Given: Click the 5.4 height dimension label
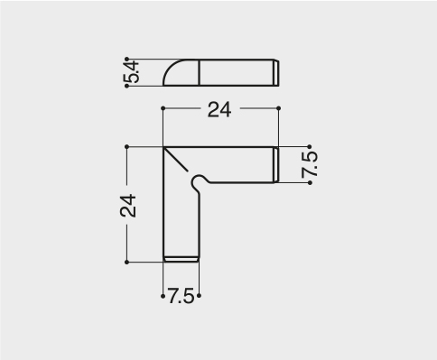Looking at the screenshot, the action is pyautogui.click(x=132, y=72).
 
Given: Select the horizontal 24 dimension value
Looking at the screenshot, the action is pyautogui.click(x=219, y=110).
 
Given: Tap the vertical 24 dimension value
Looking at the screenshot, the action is pyautogui.click(x=128, y=206).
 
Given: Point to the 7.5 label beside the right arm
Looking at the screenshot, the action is pyautogui.click(x=310, y=165).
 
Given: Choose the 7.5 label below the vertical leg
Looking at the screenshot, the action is pyautogui.click(x=181, y=296).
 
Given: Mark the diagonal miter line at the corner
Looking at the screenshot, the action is pyautogui.click(x=176, y=160).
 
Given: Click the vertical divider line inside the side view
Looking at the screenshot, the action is pyautogui.click(x=200, y=72).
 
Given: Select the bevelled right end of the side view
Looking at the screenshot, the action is pyautogui.click(x=276, y=73).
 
